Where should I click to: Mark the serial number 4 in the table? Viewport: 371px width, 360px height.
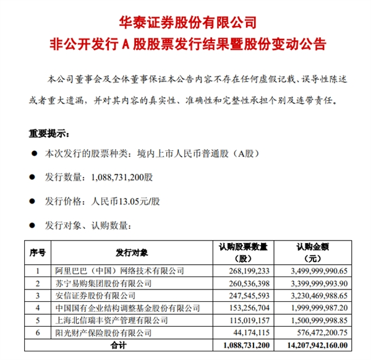point(38,307)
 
